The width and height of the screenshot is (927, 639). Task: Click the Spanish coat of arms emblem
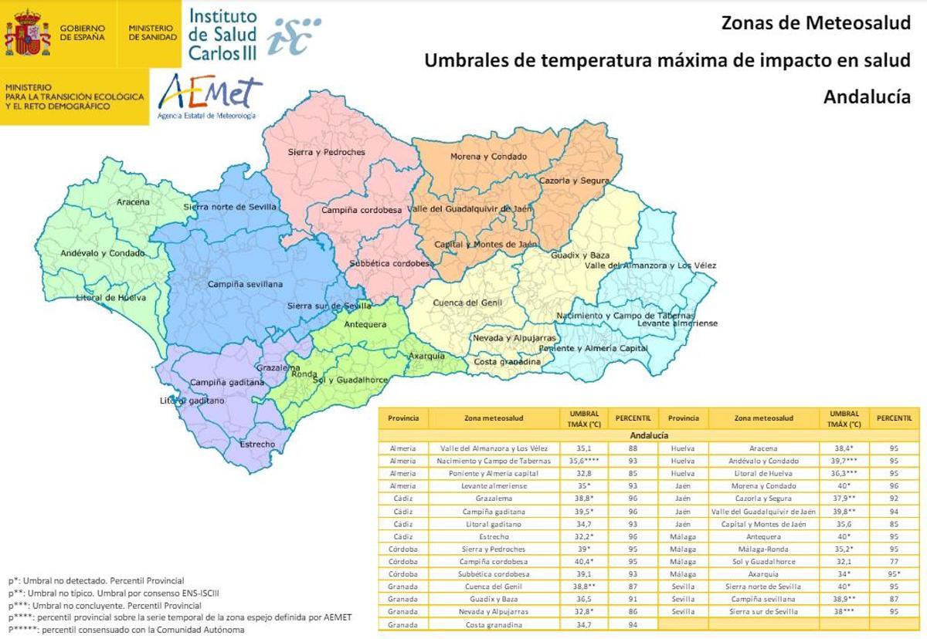[x=28, y=33]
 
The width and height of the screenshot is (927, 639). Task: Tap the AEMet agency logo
[x=209, y=98]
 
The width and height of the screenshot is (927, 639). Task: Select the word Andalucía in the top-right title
[x=867, y=97]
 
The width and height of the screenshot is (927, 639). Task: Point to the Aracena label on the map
[x=134, y=202]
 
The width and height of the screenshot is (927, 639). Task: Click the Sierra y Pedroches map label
[x=326, y=152]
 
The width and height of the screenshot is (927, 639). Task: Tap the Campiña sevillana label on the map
[x=245, y=284]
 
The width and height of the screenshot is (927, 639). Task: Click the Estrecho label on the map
[x=257, y=445]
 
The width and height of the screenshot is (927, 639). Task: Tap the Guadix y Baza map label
[x=580, y=255]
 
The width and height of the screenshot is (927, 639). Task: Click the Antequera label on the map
[x=365, y=324]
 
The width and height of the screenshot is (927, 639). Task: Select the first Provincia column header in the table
[x=403, y=418]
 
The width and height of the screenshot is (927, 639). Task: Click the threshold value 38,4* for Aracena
[x=844, y=448]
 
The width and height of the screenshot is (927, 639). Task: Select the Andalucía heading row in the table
[x=649, y=435]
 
